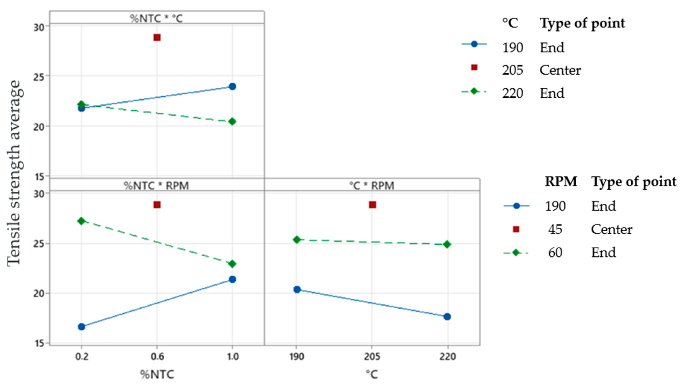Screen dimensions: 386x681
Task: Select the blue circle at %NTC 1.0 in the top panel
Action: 232,86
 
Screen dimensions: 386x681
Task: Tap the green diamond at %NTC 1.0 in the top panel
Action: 232,121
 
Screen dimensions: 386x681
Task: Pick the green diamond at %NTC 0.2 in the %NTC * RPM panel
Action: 81,221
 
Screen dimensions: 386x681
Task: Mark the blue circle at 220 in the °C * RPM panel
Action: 447,317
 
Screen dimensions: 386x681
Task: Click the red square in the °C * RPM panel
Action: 372,205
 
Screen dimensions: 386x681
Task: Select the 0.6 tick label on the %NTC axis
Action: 157,357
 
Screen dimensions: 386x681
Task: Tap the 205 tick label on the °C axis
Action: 372,357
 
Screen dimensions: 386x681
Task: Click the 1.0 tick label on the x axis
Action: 233,357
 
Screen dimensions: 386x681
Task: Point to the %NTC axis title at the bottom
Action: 157,374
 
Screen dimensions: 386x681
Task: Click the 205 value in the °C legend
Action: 512,70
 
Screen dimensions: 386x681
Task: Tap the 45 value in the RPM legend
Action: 555,229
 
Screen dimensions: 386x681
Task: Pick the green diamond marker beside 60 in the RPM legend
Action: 516,253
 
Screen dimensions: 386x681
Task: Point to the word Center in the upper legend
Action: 560,70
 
